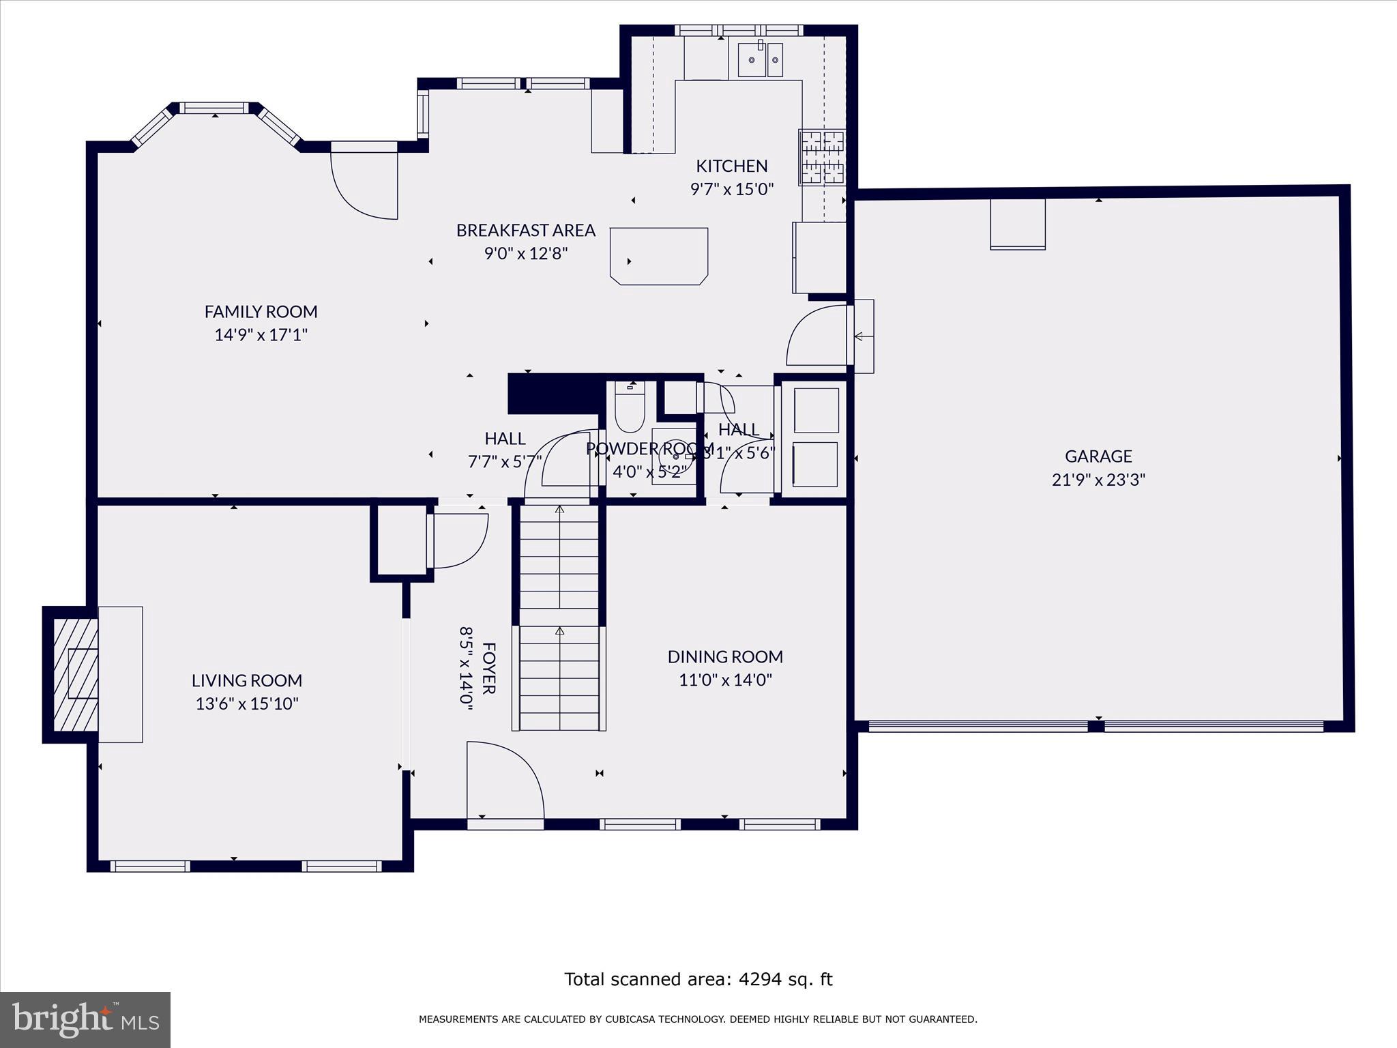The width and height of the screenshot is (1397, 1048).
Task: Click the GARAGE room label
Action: tap(1098, 456)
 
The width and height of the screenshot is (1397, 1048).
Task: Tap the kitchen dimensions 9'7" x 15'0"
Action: tap(732, 189)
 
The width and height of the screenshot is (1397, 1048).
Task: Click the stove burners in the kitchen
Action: tap(822, 158)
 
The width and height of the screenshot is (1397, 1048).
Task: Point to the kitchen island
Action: tap(658, 256)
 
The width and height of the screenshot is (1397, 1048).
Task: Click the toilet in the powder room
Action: tap(629, 409)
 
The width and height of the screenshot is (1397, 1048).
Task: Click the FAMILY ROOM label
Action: tap(261, 311)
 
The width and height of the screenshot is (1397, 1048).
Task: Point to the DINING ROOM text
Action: tap(725, 656)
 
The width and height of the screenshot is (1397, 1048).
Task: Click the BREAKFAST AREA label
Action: tap(526, 230)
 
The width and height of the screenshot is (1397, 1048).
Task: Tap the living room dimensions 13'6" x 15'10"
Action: tap(247, 703)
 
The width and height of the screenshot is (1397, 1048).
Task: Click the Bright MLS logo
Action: tap(85, 1020)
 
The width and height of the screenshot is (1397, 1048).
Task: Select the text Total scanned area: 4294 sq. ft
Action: tap(698, 979)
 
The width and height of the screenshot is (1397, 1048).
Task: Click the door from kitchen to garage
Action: tap(819, 336)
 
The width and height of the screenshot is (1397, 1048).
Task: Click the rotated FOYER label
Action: tap(488, 667)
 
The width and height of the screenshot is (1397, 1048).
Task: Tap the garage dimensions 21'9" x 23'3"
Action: tap(1098, 480)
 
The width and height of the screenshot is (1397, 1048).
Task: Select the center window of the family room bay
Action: tap(215, 108)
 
